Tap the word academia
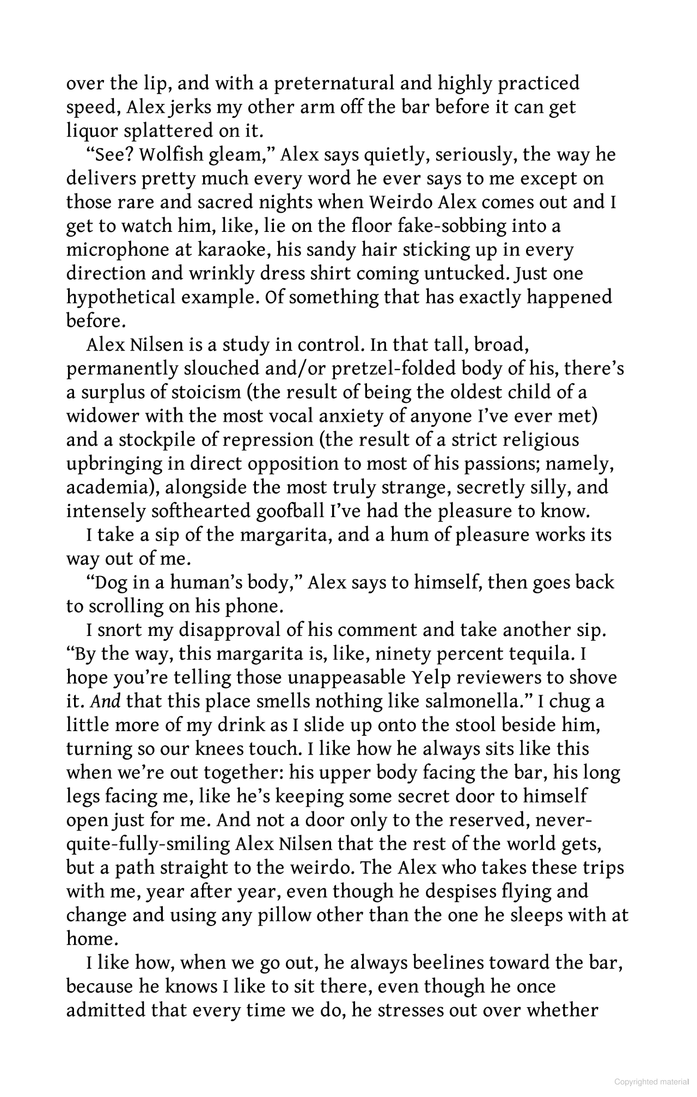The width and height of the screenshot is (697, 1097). pos(109,487)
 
